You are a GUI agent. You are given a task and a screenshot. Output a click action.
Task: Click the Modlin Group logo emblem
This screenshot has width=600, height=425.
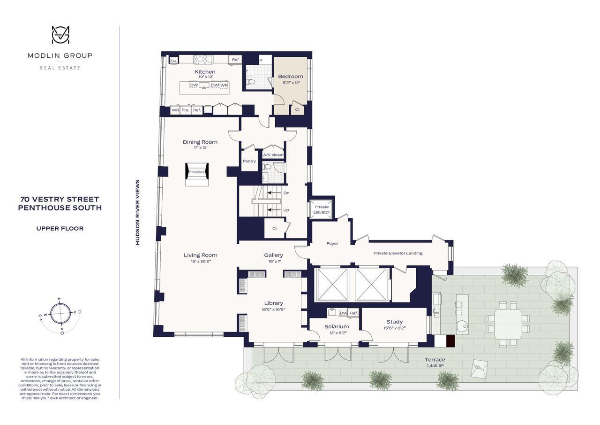coord(60,36)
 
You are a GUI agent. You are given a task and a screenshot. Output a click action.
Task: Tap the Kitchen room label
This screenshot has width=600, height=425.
coord(205,72)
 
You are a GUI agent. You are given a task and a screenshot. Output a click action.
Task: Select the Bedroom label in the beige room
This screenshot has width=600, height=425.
coord(291,76)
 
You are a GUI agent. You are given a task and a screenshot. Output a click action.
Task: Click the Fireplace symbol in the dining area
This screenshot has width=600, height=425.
coord(197,172)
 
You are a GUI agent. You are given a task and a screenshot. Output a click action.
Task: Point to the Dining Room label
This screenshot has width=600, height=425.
coord(200,142)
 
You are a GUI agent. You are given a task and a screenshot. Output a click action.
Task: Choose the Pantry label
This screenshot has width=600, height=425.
coord(249,161)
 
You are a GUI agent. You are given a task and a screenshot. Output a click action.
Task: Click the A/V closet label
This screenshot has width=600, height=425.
coord(273,155)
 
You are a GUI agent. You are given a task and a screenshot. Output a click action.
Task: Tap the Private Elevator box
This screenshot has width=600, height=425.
coord(322,209)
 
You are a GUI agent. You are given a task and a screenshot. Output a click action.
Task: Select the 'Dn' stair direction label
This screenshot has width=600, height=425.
coord(286,193)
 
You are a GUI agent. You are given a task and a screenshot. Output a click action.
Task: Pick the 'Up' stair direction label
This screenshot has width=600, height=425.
coord(286,210)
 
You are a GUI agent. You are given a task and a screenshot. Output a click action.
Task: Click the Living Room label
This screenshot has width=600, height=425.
coord(201,255)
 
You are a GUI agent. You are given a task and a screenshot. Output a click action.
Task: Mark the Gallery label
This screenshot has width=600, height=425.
coord(273,255)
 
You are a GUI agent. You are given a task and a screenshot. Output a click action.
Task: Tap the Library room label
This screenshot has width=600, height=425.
coord(273,303)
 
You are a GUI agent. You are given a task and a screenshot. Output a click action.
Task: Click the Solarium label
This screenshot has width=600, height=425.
coord(337,326)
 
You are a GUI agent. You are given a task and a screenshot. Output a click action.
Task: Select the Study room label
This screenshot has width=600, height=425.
coord(395,322)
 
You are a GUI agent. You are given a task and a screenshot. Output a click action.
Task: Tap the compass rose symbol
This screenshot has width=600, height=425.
coord(60,314)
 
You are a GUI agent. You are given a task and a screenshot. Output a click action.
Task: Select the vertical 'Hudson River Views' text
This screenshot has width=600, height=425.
coord(138,212)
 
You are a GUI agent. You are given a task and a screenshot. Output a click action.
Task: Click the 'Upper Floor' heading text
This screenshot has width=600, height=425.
coord(60,229)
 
